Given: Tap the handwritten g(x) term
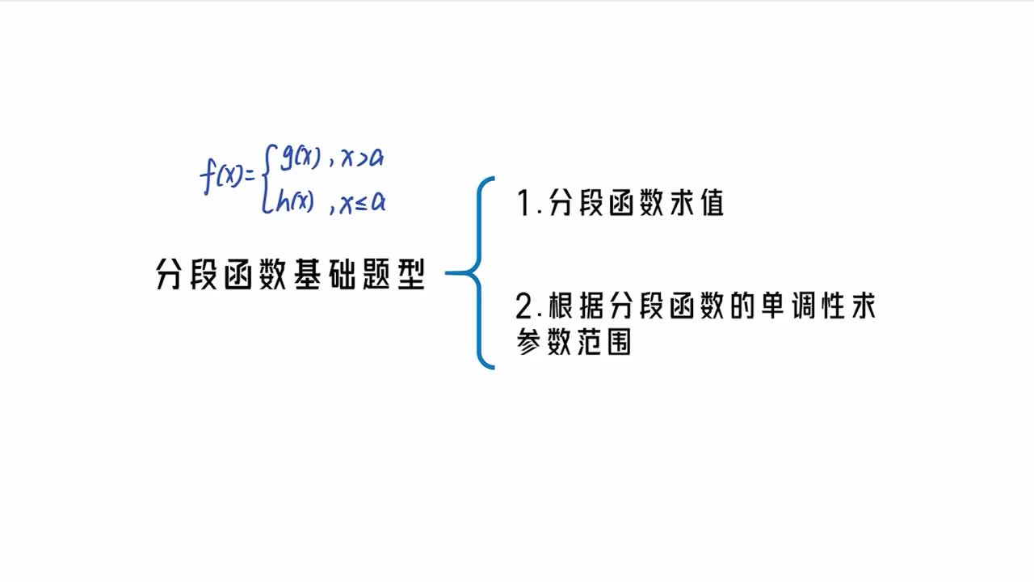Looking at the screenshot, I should [296, 157].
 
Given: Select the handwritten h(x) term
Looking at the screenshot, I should [294, 202].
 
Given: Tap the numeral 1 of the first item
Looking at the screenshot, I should [523, 204].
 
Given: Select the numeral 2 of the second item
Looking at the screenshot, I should [525, 307].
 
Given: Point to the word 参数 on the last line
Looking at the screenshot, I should [544, 342].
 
